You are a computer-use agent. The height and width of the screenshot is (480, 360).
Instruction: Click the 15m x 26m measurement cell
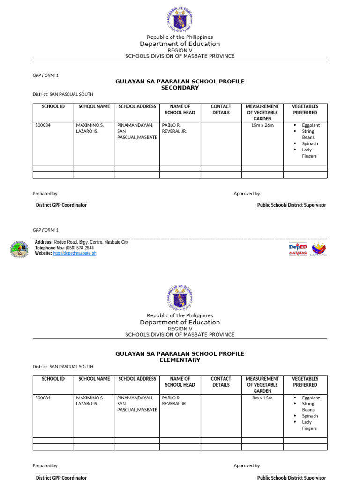click(x=262, y=125)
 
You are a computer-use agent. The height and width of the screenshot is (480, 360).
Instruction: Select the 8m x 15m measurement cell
click(x=262, y=397)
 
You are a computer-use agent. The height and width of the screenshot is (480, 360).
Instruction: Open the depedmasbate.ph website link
click(x=75, y=253)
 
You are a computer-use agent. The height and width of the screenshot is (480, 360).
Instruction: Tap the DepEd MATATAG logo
click(x=298, y=248)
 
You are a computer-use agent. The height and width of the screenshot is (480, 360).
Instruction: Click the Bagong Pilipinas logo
click(x=319, y=248)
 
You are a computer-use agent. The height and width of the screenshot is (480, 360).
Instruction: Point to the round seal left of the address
click(x=19, y=248)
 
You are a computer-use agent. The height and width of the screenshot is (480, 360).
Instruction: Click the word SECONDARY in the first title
click(x=180, y=88)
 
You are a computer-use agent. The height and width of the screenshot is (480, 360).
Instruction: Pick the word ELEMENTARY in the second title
click(x=180, y=360)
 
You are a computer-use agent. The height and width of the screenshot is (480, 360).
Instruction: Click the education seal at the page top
click(x=180, y=19)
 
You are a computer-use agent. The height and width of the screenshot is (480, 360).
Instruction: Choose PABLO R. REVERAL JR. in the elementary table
click(x=174, y=400)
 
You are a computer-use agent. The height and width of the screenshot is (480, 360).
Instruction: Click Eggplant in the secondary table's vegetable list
click(x=311, y=125)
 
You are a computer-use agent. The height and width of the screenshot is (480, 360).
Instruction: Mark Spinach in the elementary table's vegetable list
click(x=310, y=416)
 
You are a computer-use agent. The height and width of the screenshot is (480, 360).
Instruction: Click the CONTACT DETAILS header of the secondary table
click(x=221, y=110)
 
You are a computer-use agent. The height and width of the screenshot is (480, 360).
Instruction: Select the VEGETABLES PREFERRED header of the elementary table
click(x=305, y=382)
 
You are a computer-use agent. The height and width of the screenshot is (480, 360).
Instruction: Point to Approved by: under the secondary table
click(x=247, y=193)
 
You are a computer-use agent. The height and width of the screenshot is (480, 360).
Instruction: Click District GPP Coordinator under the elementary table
click(x=61, y=477)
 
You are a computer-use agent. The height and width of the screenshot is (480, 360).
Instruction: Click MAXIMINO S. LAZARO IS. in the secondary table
click(x=90, y=128)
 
